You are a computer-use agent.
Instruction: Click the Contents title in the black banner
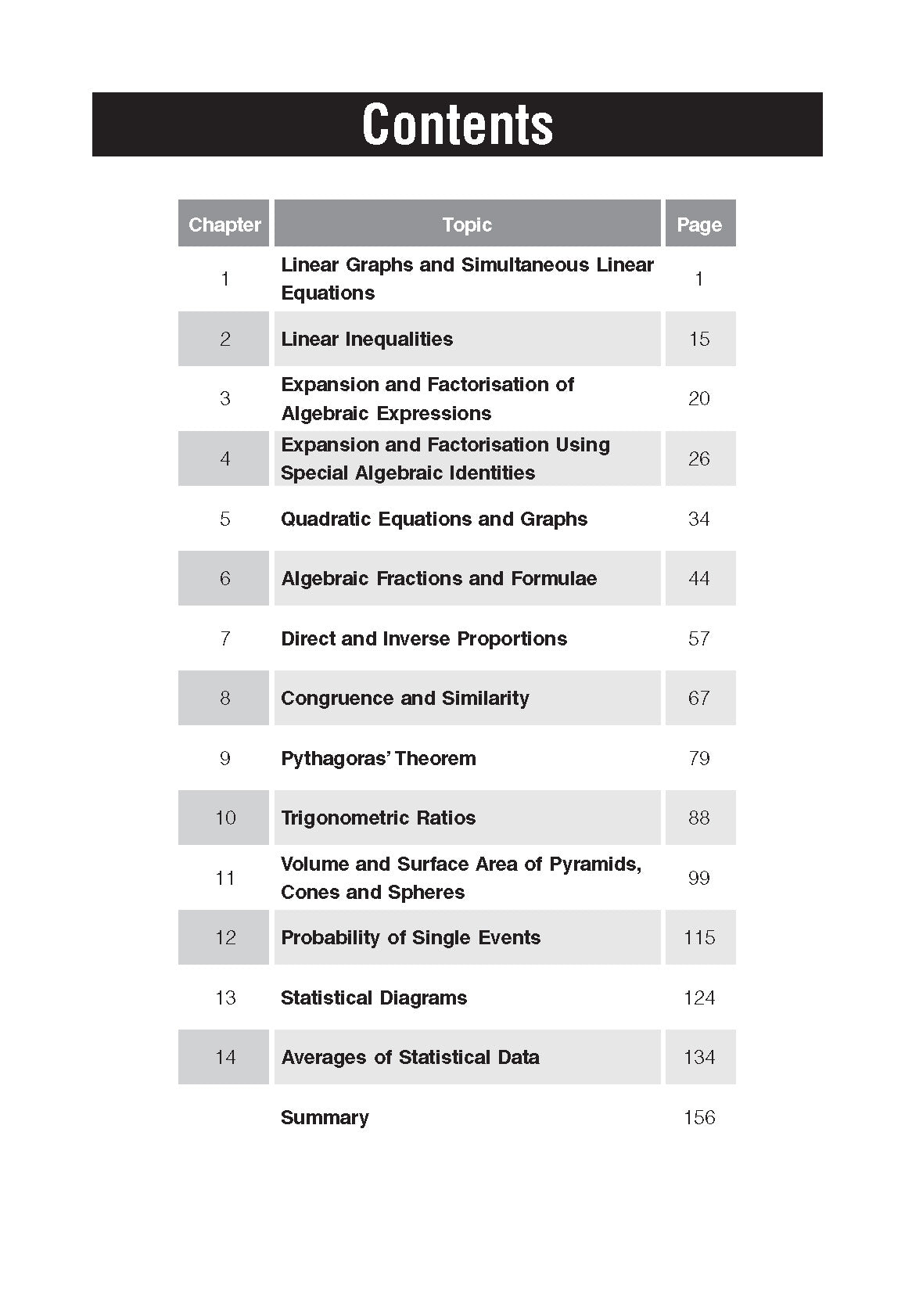coord(458,125)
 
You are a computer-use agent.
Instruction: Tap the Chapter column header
coord(224,225)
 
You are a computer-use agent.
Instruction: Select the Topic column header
coord(467,225)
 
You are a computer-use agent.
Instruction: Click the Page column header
coord(699,225)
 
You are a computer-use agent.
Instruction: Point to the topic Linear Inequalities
coord(367,339)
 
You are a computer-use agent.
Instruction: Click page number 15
coord(699,339)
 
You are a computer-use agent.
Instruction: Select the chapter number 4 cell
coord(224,458)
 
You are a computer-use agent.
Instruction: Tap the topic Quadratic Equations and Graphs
coord(434,519)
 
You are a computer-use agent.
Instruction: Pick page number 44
coord(699,578)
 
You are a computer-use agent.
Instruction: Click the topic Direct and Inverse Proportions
coord(424,638)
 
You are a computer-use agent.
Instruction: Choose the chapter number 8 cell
coord(224,698)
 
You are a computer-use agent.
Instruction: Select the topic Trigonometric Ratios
coord(378,818)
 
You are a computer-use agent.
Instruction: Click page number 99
coord(699,878)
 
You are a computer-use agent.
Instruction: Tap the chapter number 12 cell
coord(224,937)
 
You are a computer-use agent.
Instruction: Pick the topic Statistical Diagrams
coord(374,997)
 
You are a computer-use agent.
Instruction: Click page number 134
coord(699,1057)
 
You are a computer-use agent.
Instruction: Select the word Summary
coord(325,1117)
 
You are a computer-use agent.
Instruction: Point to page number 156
coord(699,1117)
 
